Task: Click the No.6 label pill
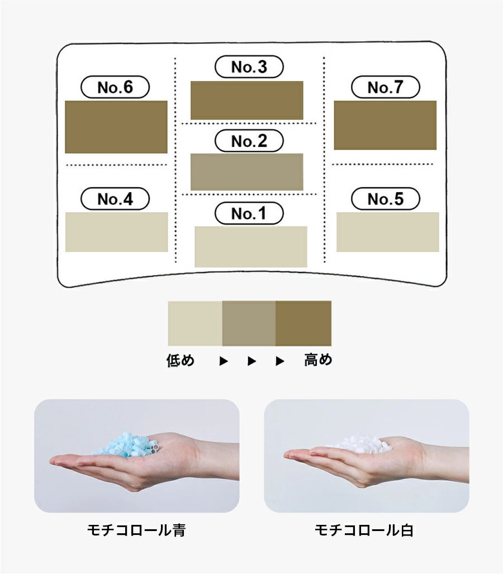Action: click(x=115, y=87)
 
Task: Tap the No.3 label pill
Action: click(x=249, y=67)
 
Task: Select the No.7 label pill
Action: click(x=385, y=87)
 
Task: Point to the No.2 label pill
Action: click(x=249, y=141)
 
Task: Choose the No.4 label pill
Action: click(x=115, y=199)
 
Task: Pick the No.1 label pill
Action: click(x=249, y=213)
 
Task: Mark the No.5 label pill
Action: click(x=385, y=199)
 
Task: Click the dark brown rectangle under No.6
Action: click(x=116, y=127)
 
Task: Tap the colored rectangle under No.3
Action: click(x=246, y=100)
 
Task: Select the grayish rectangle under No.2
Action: click(x=246, y=171)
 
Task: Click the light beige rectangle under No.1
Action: click(x=250, y=246)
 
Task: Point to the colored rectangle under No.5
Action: click(x=387, y=232)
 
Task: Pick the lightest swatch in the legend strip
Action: click(x=195, y=323)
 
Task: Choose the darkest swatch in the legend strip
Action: click(x=303, y=323)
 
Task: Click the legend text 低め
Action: click(x=181, y=361)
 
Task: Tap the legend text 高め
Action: click(x=318, y=361)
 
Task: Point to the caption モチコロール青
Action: click(x=136, y=530)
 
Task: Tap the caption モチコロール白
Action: click(x=364, y=530)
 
